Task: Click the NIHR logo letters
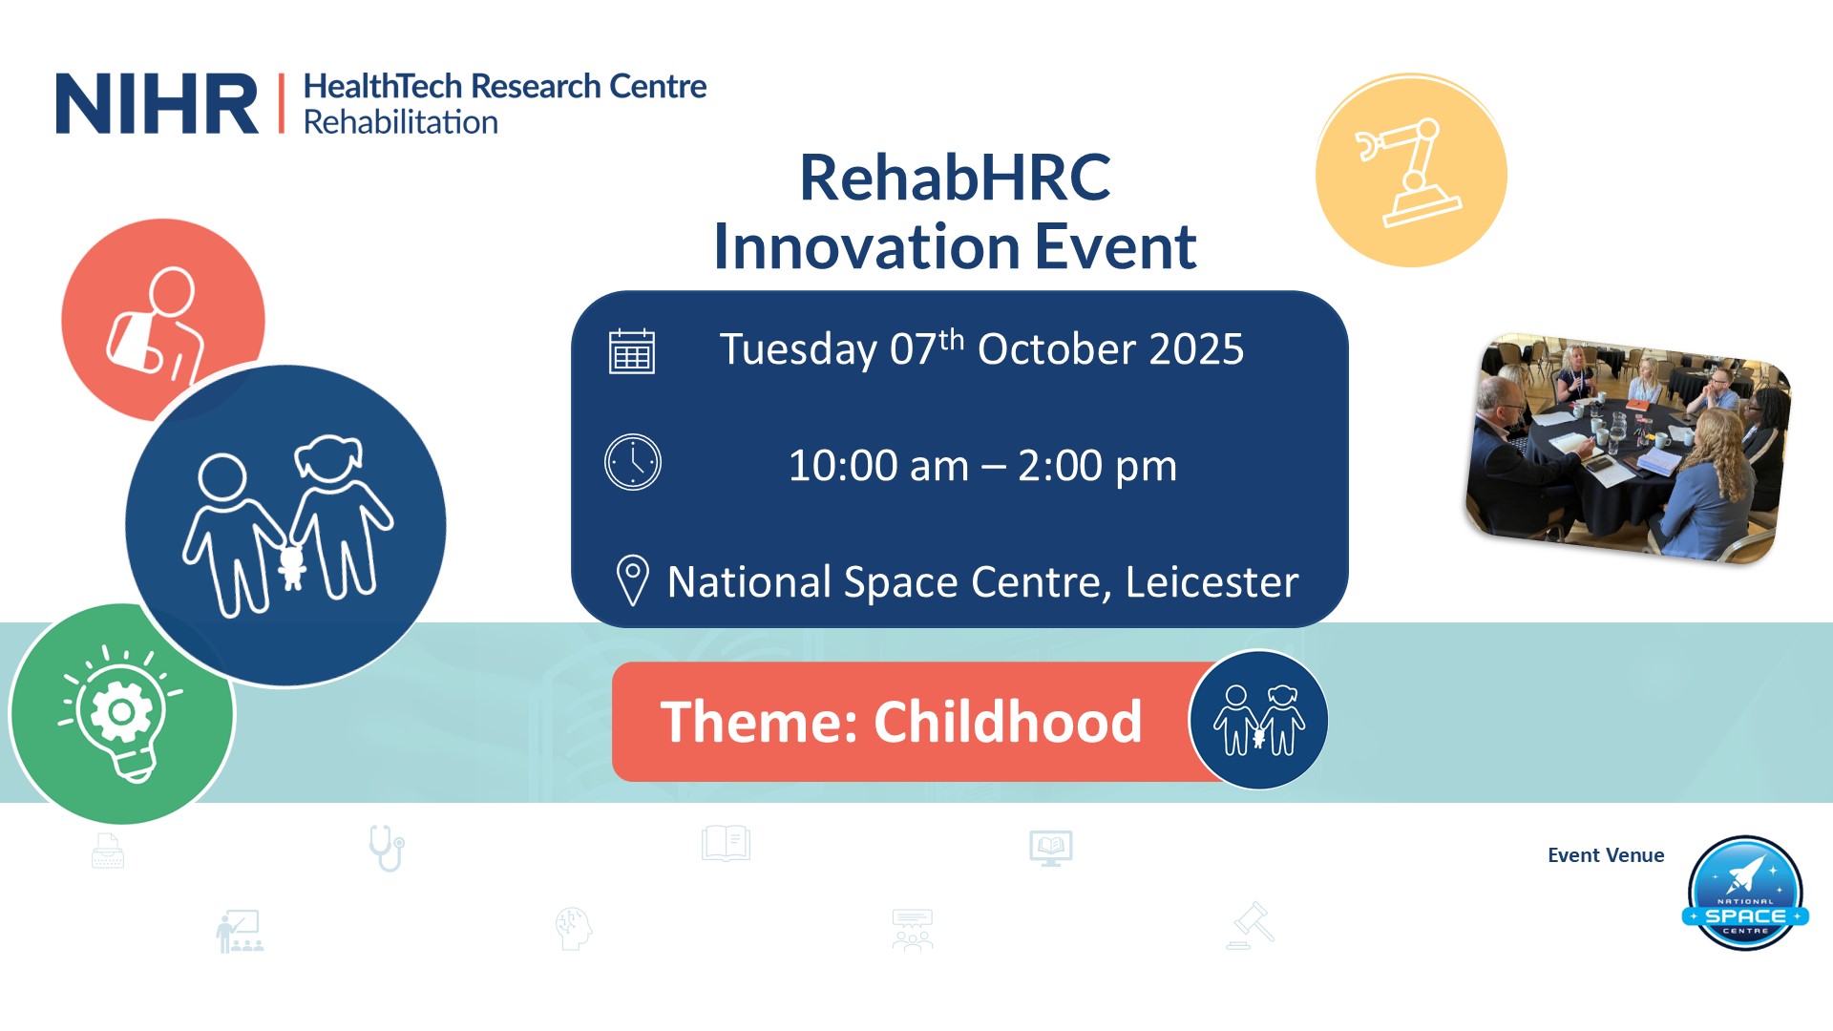tap(157, 103)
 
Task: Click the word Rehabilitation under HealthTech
tap(400, 122)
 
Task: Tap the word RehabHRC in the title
tap(955, 178)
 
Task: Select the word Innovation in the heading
tap(867, 246)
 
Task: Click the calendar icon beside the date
tap(632, 350)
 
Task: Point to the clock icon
tap(632, 463)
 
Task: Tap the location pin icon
tap(632, 580)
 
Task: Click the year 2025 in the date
tap(1196, 349)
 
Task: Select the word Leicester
tap(1211, 581)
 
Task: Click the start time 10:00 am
tap(877, 466)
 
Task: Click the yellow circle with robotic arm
tap(1411, 171)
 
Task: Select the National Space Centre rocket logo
tap(1745, 894)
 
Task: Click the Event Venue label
tap(1606, 855)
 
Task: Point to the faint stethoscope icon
tap(387, 848)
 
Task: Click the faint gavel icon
tap(1251, 925)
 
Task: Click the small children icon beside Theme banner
tap(1258, 720)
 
